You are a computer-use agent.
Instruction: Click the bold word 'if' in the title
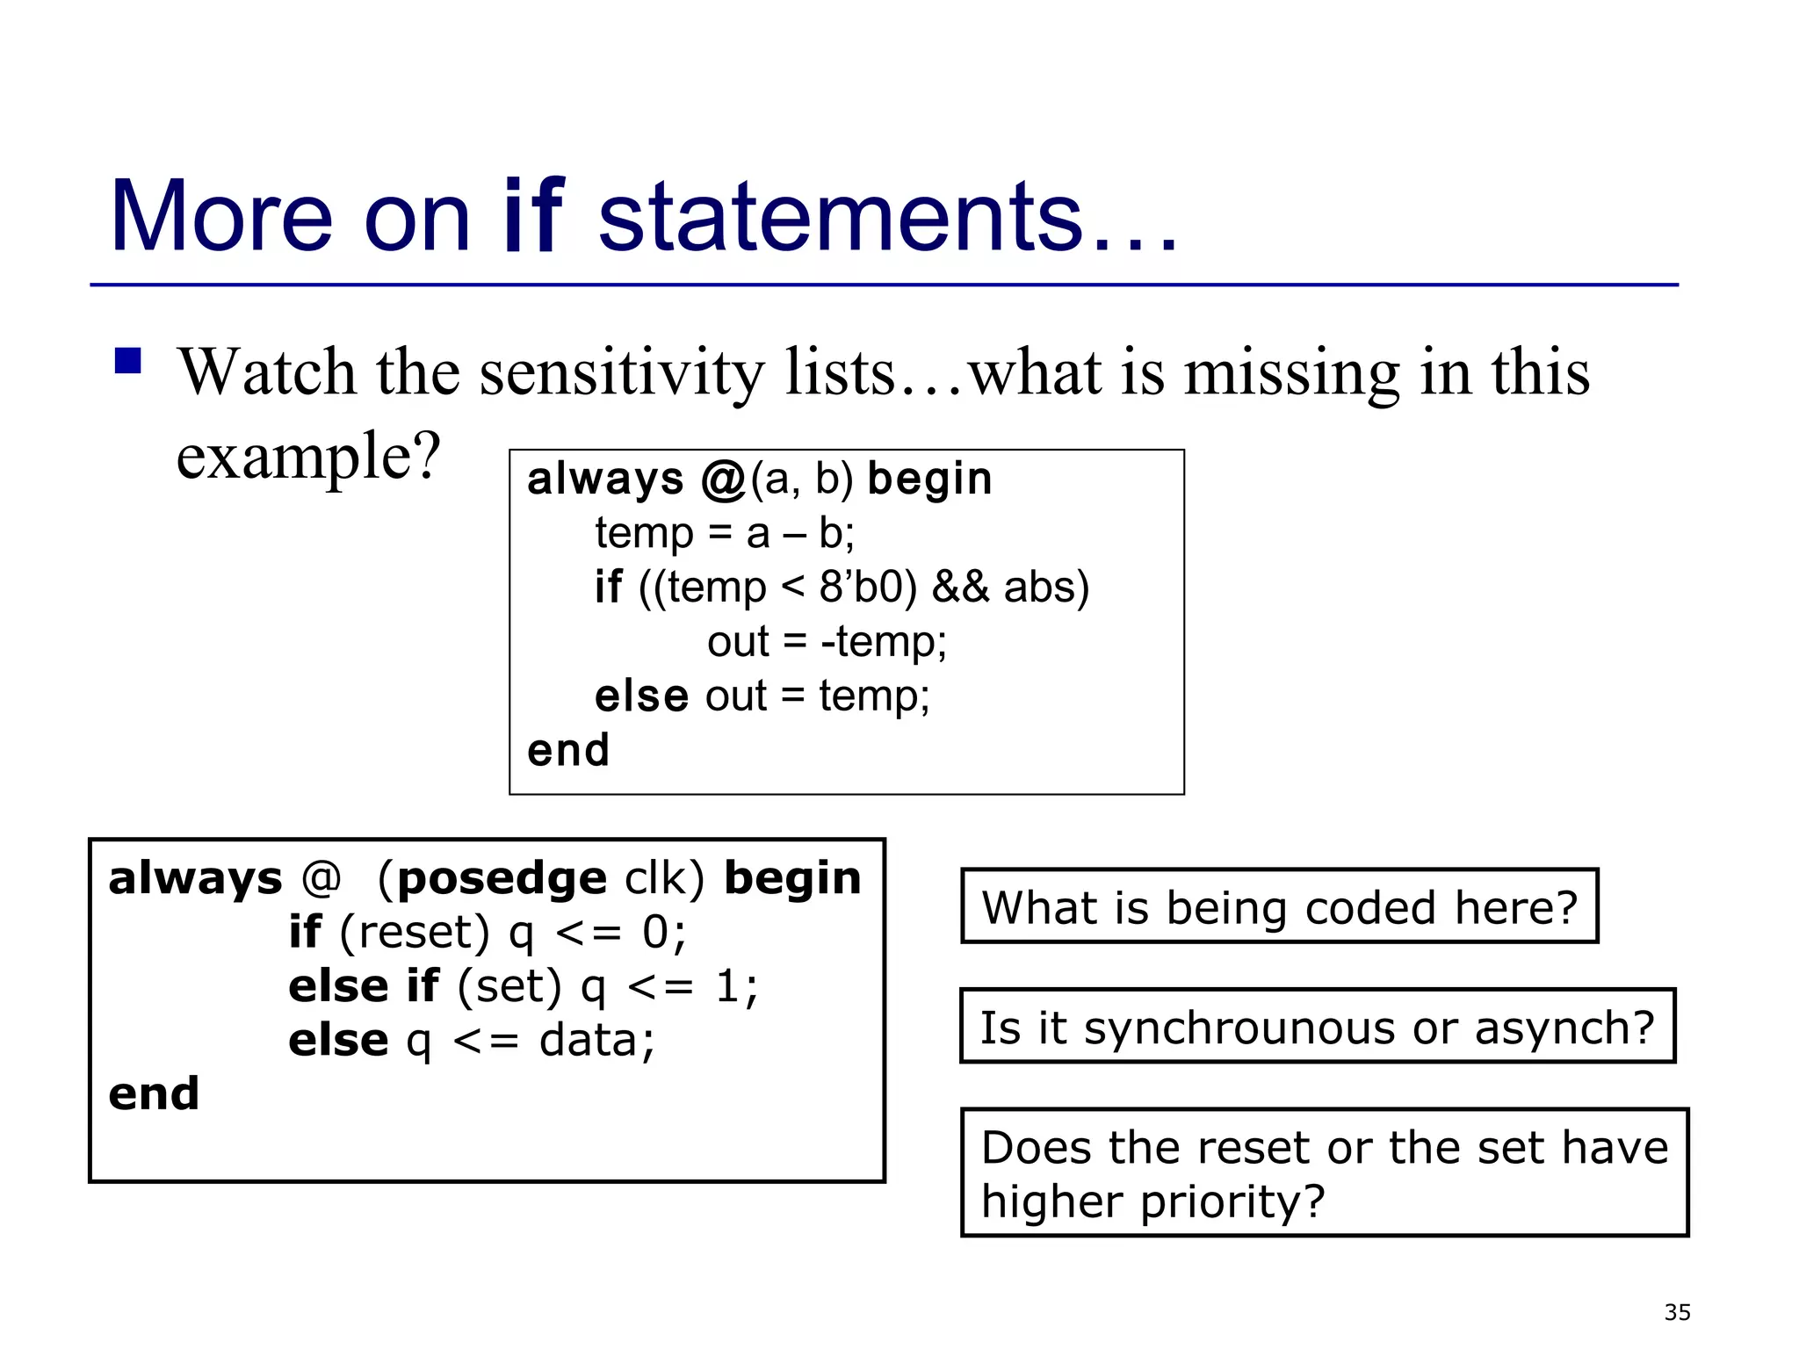pyautogui.click(x=533, y=215)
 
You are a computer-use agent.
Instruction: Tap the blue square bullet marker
pyautogui.click(x=128, y=361)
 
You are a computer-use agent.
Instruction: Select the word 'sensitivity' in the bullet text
pyautogui.click(x=622, y=372)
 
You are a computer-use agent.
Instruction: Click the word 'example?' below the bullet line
pyautogui.click(x=307, y=457)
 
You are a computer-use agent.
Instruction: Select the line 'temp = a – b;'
pyautogui.click(x=725, y=533)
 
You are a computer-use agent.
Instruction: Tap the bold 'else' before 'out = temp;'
pyautogui.click(x=641, y=696)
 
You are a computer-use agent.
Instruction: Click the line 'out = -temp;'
pyautogui.click(x=827, y=641)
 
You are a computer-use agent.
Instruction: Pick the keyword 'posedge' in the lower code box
pyautogui.click(x=502, y=878)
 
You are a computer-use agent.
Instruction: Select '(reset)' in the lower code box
pyautogui.click(x=415, y=933)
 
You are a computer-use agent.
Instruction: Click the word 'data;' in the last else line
pyautogui.click(x=597, y=1041)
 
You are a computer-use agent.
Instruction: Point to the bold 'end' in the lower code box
pyautogui.click(x=154, y=1094)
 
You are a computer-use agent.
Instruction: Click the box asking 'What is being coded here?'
pyautogui.click(x=1279, y=907)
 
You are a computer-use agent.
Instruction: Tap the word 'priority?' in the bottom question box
pyautogui.click(x=1232, y=1201)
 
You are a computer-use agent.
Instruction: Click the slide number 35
pyautogui.click(x=1677, y=1312)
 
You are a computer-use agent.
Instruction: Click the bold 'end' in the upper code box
pyautogui.click(x=567, y=751)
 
